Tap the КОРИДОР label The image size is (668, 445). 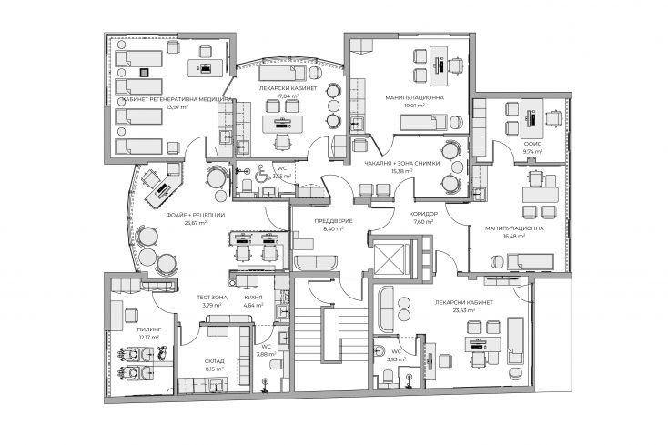(x=424, y=214)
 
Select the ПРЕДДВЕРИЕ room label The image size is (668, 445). (x=329, y=221)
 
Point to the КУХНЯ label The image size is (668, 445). (x=253, y=297)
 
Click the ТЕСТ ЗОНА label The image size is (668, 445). (x=212, y=297)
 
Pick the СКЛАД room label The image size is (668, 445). (x=213, y=361)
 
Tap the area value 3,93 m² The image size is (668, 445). (x=395, y=359)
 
